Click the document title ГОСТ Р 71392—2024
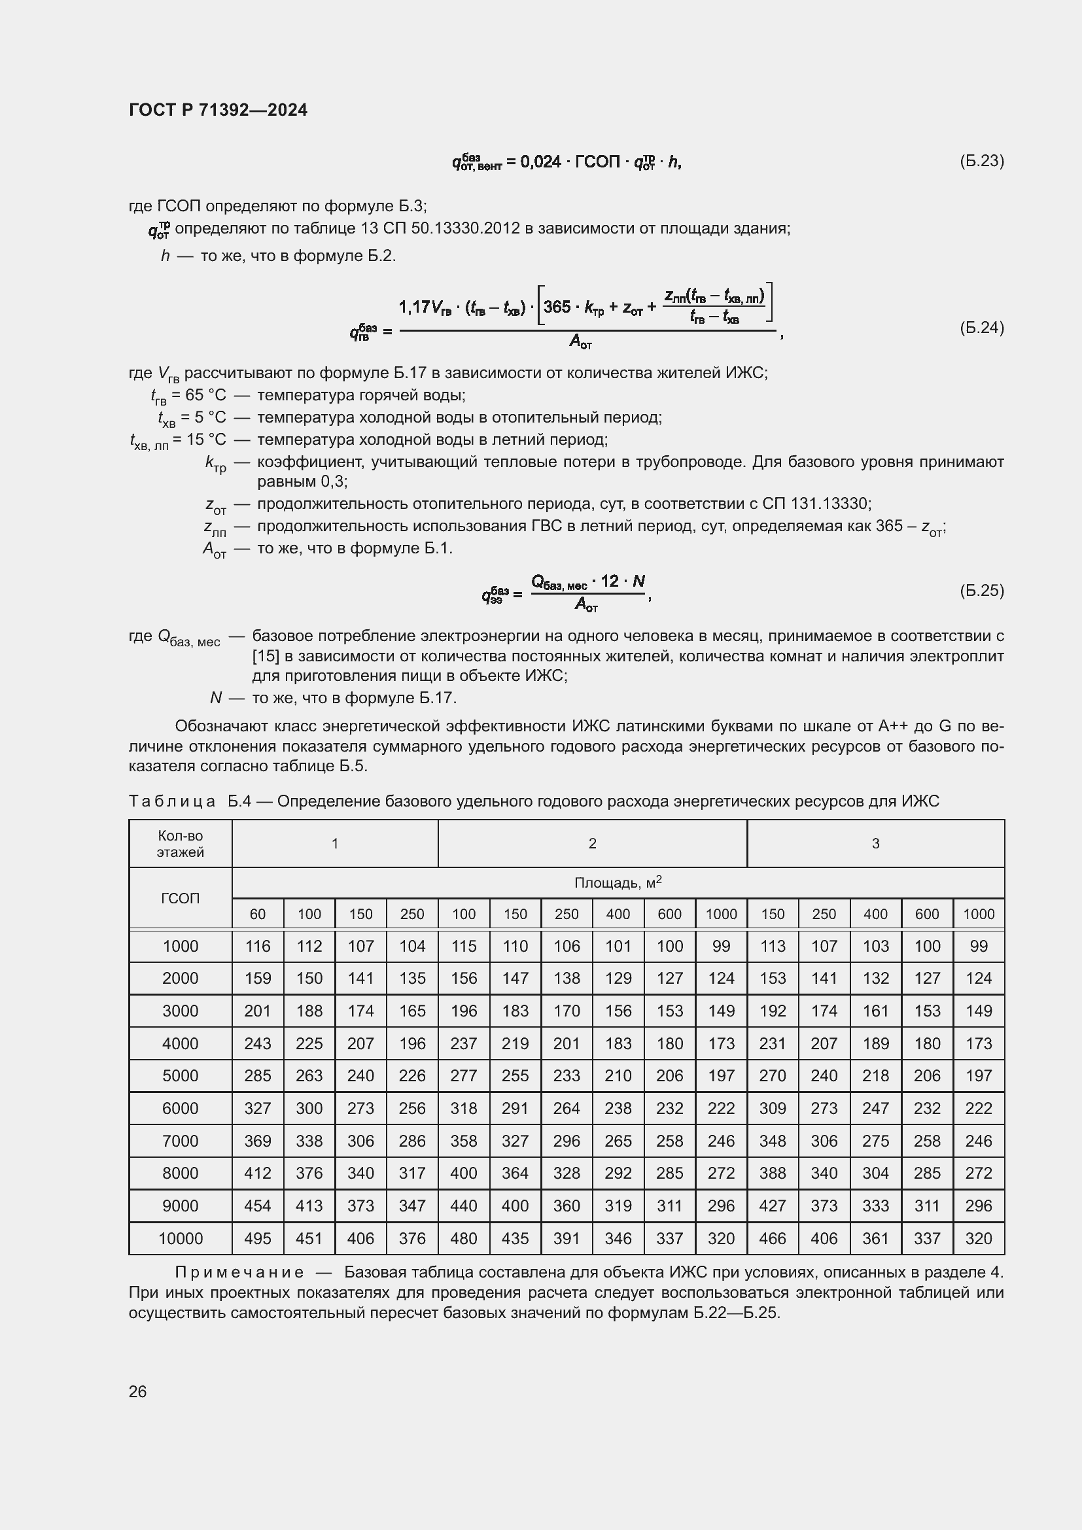click(x=218, y=110)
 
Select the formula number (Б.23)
click(x=981, y=161)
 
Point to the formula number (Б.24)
click(x=981, y=327)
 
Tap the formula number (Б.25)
click(x=981, y=591)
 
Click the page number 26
click(x=138, y=1391)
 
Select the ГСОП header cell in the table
click(x=180, y=898)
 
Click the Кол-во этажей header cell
click(x=180, y=844)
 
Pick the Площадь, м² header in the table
click(x=618, y=883)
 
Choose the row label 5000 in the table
click(x=180, y=1075)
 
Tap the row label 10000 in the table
click(x=180, y=1238)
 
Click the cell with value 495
click(x=258, y=1238)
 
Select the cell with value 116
click(x=258, y=947)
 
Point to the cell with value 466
click(x=772, y=1238)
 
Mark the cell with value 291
click(x=515, y=1108)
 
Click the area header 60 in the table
click(x=258, y=914)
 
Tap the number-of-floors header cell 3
click(x=875, y=844)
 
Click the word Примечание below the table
click(x=239, y=1272)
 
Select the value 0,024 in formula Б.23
click(x=540, y=162)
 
